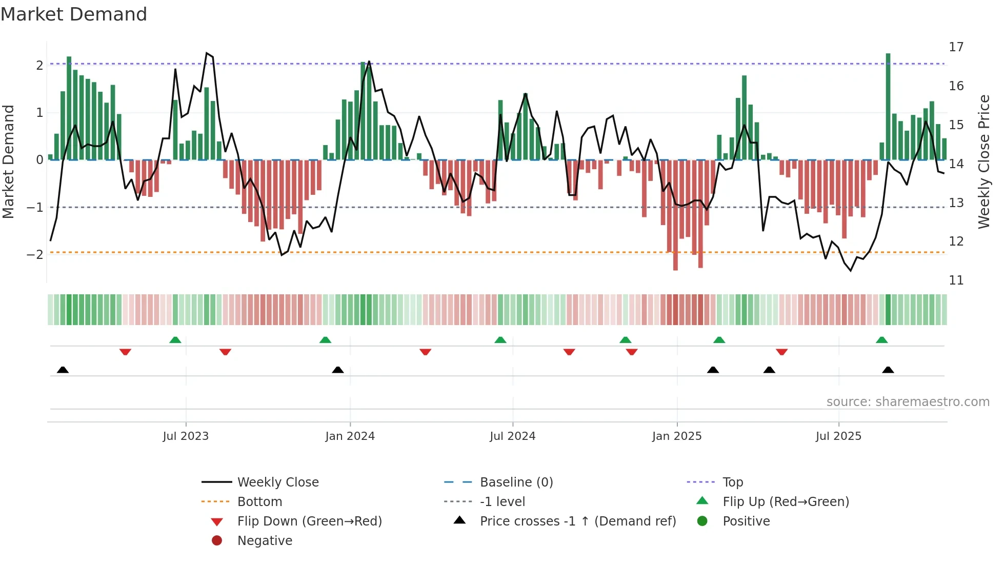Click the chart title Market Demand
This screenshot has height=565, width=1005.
click(x=74, y=14)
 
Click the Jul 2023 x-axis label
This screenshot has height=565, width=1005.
click(x=186, y=436)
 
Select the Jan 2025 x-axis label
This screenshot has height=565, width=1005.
click(x=677, y=436)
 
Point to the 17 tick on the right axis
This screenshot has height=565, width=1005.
click(x=956, y=47)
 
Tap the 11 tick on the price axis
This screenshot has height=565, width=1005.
click(x=956, y=280)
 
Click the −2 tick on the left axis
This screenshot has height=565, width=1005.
click(x=35, y=255)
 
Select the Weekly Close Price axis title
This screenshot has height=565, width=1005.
click(x=983, y=162)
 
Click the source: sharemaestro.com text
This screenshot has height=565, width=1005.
click(x=908, y=401)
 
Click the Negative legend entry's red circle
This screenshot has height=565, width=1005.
click(x=217, y=540)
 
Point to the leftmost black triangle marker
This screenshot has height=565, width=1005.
click(x=63, y=370)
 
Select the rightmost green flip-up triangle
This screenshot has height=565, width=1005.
click(x=882, y=340)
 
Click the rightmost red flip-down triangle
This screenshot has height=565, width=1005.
click(x=781, y=352)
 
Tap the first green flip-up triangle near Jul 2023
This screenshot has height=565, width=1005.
click(x=175, y=340)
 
